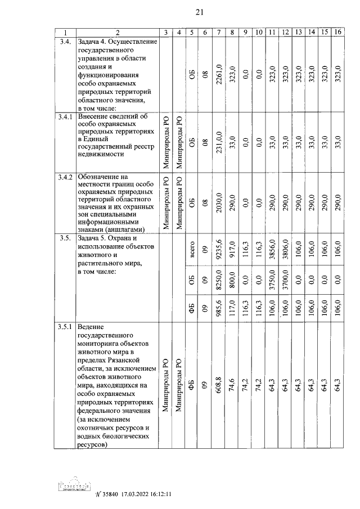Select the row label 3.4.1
coord(65,116)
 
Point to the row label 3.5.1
coord(65,327)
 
